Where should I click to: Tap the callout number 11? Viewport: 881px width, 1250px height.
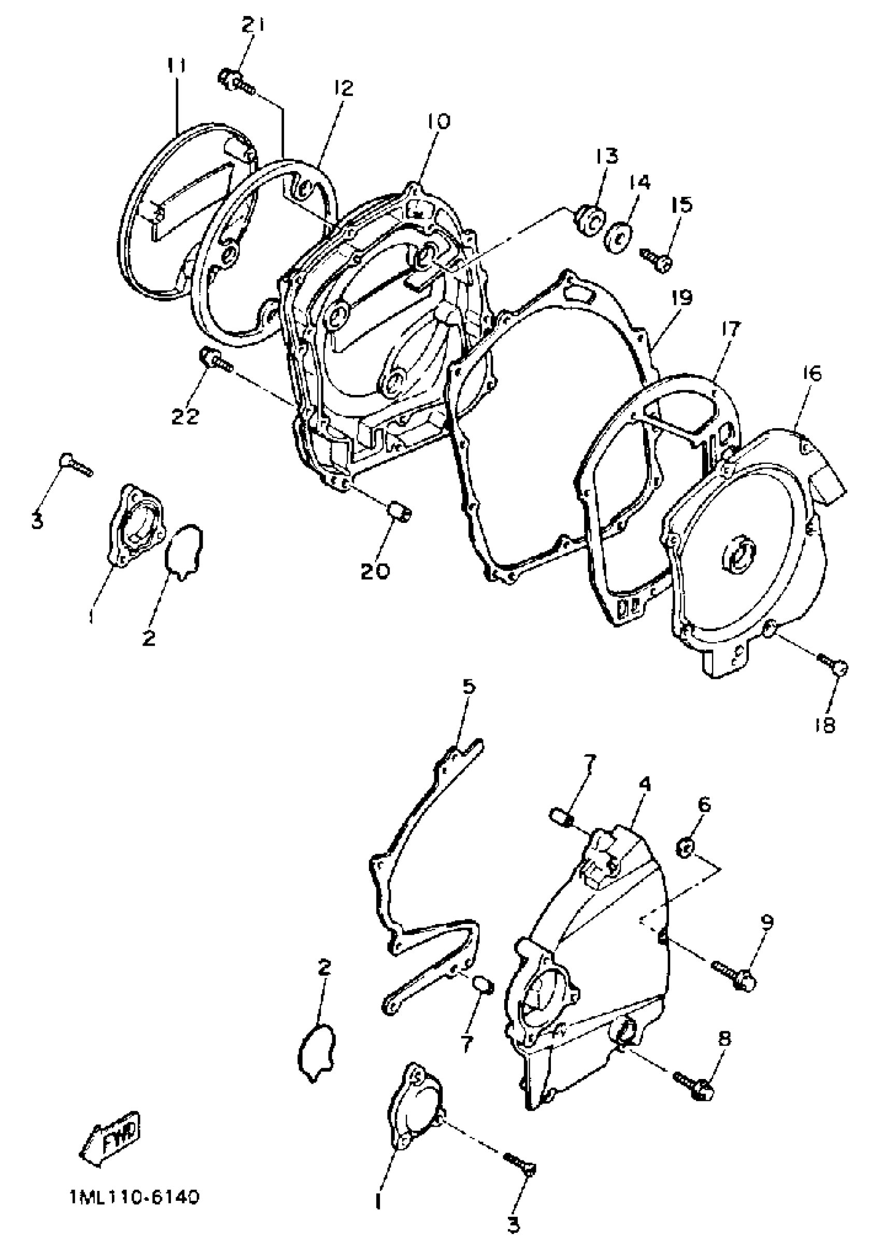pos(176,66)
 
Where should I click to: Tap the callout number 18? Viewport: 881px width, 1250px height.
pos(826,725)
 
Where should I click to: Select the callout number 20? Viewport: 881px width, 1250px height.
pos(375,571)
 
